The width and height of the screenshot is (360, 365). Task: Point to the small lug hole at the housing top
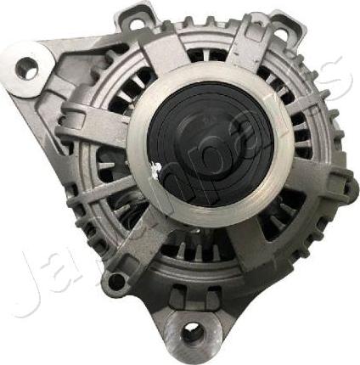[x=136, y=23]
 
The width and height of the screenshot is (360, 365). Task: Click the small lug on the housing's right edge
[x=346, y=182]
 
